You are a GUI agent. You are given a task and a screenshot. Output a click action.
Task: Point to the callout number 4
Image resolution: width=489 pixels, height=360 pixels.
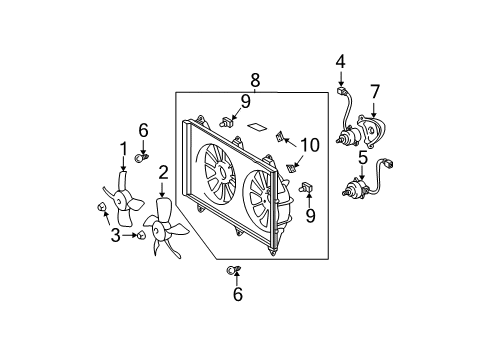tap(340, 61)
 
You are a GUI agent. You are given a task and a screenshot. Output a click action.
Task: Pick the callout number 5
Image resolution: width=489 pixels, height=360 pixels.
tap(362, 156)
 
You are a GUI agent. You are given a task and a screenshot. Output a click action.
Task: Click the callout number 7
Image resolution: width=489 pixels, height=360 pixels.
tap(375, 92)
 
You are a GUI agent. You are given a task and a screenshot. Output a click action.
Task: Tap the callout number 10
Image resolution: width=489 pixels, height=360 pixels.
tap(310, 145)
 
